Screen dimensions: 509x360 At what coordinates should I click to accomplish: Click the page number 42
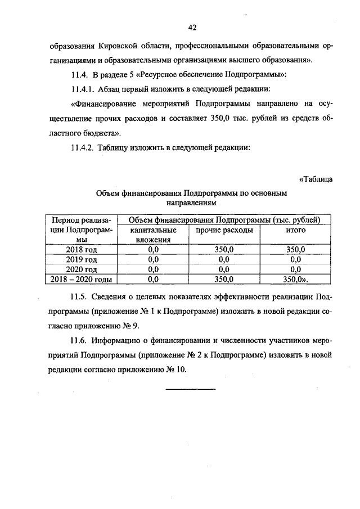click(192, 27)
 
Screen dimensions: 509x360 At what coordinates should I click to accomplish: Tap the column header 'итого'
click(296, 230)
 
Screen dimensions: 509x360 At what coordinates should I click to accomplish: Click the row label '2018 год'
click(82, 250)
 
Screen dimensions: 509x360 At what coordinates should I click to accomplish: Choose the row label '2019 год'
click(82, 260)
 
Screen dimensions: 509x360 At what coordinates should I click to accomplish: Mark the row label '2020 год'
click(82, 269)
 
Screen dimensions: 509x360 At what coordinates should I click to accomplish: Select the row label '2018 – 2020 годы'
click(82, 279)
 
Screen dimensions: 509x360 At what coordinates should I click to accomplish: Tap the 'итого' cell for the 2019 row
click(296, 260)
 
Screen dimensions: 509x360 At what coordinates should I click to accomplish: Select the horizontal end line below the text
click(191, 389)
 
